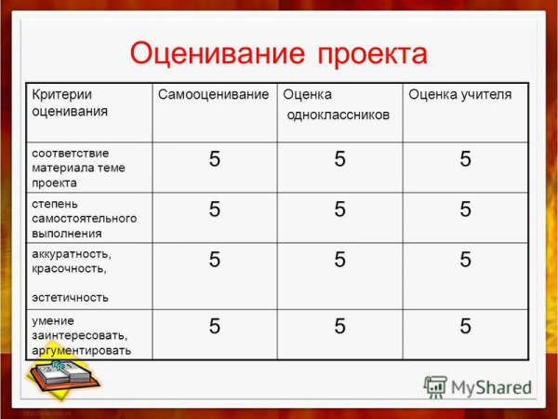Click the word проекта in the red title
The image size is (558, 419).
pyautogui.click(x=373, y=54)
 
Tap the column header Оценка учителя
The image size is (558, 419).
pyautogui.click(x=460, y=95)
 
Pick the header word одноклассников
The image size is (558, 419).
pyautogui.click(x=339, y=115)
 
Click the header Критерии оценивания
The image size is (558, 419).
pyautogui.click(x=69, y=102)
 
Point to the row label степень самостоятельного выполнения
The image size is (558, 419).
pyautogui.click(x=84, y=218)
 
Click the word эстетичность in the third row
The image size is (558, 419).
pyautogui.click(x=70, y=297)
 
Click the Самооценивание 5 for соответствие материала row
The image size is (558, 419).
pyautogui.click(x=215, y=159)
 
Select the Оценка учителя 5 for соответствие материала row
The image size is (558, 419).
pyautogui.click(x=465, y=159)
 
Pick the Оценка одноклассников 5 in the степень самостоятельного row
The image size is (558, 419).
pyautogui.click(x=340, y=209)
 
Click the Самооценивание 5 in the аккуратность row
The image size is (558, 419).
pyautogui.click(x=215, y=260)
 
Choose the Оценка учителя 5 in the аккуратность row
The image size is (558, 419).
pyautogui.click(x=465, y=260)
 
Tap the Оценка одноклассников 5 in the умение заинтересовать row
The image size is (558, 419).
pyautogui.click(x=340, y=326)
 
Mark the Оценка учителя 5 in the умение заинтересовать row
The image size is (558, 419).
pyautogui.click(x=465, y=326)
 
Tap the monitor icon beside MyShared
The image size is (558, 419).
pyautogui.click(x=435, y=386)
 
